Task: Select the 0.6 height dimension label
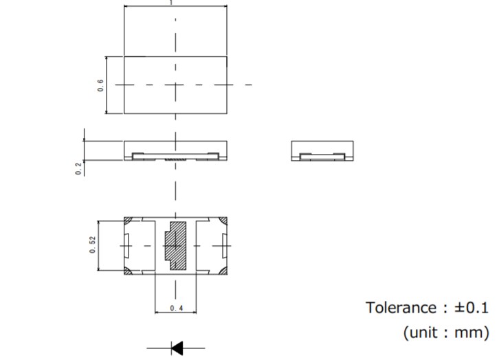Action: tap(101, 85)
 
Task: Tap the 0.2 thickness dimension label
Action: tap(79, 168)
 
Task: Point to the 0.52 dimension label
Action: tap(92, 246)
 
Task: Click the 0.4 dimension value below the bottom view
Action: tap(176, 309)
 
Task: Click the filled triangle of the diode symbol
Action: tap(177, 348)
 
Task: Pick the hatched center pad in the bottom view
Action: tap(176, 246)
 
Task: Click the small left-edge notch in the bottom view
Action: tap(127, 246)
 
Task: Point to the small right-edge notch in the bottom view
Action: tap(225, 246)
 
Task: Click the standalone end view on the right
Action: tap(322, 150)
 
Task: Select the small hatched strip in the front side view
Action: tap(176, 159)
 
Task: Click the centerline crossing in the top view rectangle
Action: tap(176, 85)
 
